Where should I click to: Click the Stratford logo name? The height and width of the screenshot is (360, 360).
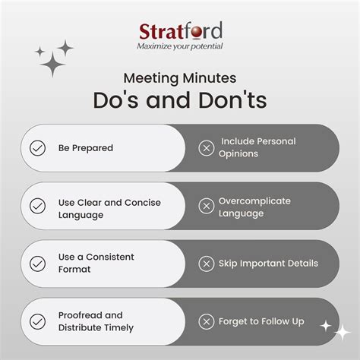coord(180,32)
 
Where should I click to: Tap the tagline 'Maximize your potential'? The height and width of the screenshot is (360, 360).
coord(179,46)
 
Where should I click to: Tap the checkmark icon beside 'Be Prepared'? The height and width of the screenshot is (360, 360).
coord(37,148)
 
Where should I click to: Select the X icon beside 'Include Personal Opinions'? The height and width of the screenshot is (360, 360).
coord(206,148)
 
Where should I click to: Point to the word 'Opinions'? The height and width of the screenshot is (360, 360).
coord(238,154)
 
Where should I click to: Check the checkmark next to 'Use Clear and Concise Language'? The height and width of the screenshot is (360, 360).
coord(37,206)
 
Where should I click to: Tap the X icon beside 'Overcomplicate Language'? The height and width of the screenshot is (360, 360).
coord(206,206)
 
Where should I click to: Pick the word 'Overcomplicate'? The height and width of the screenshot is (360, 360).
coord(254,201)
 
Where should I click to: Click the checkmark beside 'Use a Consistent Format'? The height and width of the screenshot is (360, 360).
coord(37,264)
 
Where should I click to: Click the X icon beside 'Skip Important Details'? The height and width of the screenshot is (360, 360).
coord(206,264)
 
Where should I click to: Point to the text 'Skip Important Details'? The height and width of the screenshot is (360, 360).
coord(269,264)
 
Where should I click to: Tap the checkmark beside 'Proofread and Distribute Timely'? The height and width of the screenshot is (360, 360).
coord(37,321)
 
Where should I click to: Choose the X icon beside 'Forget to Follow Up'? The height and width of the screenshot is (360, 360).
coord(206,321)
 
